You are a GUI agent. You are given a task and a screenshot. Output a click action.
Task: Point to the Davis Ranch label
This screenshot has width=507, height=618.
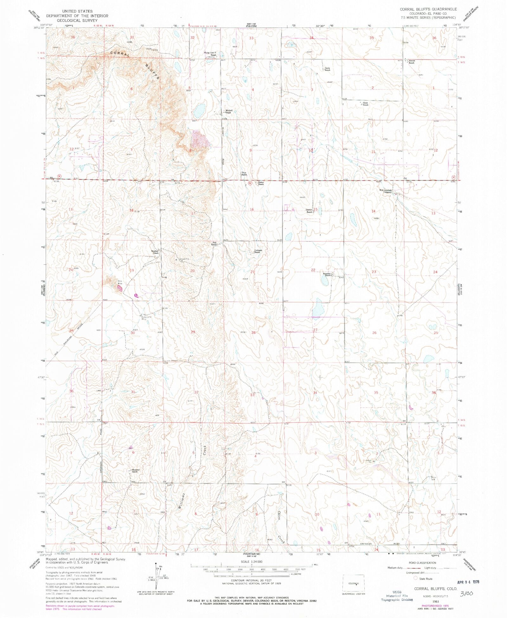(327, 69)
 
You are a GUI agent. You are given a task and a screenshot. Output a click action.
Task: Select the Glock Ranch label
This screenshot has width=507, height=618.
(365, 104)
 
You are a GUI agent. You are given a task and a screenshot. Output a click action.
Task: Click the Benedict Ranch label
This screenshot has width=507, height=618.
(327, 274)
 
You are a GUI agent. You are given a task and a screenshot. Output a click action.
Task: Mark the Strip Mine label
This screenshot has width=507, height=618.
(120, 282)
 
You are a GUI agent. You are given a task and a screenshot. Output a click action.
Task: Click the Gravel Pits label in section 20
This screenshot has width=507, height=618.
(184, 259)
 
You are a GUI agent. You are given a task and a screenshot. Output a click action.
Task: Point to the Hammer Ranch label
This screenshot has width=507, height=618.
(136, 471)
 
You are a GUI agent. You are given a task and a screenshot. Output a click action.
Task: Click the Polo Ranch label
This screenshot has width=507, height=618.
(214, 244)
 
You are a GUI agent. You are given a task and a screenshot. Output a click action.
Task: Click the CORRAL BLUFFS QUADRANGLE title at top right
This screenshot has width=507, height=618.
(428, 9)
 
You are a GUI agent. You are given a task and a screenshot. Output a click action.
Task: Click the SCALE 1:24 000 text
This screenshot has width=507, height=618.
(252, 562)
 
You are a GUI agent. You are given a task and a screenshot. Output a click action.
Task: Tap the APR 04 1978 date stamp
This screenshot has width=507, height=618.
(468, 581)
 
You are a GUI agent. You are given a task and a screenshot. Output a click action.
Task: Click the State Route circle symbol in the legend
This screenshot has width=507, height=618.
(415, 578)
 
